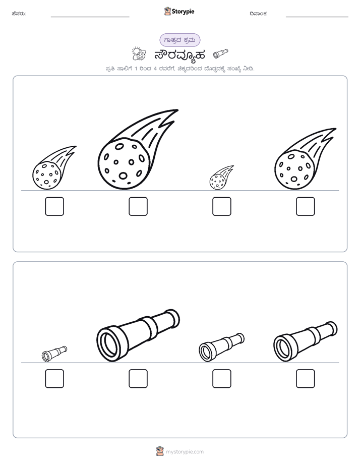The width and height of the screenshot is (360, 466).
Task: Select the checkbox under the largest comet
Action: pos(138,206)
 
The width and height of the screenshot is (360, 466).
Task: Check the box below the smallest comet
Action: pos(222,206)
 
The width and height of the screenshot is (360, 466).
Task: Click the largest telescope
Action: pos(138,335)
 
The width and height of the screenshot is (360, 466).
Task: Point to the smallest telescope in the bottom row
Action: pos(54,354)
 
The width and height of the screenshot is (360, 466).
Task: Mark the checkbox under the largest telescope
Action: pos(138,379)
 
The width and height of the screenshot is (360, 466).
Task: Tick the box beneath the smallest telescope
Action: pos(54,379)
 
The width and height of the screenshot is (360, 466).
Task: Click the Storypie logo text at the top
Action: pos(183,11)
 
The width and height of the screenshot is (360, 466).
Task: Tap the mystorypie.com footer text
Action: pos(185,452)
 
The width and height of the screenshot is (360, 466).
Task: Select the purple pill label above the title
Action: pos(179,40)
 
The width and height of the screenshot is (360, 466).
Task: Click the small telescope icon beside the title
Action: pos(221,53)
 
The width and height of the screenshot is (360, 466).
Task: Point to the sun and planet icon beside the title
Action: pos(139,54)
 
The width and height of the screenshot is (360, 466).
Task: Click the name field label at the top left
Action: pos(19,14)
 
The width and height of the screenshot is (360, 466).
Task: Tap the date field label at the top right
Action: pos(259,14)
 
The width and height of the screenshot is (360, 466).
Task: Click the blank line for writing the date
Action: pos(317,17)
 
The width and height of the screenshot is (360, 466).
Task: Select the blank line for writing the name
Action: pos(90,17)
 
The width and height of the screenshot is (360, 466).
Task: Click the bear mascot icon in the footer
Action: pos(160,451)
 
